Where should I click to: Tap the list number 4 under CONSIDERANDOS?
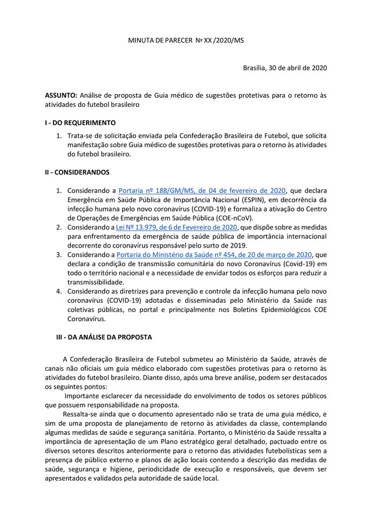click(x=58, y=291)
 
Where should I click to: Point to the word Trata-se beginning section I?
click(x=81, y=136)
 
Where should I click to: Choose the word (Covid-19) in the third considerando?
click(x=295, y=263)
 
